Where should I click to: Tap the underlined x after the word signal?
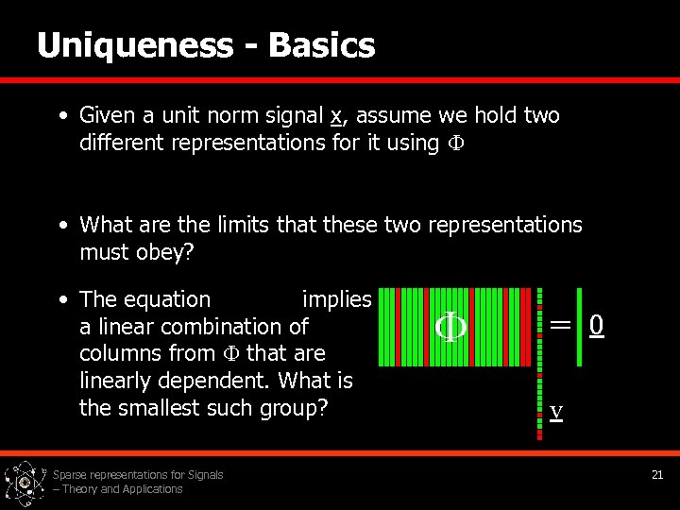[335, 116]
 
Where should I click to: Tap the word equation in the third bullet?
[172, 299]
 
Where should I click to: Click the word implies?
[336, 299]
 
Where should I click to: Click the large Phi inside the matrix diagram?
[449, 327]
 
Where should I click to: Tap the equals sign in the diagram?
[560, 324]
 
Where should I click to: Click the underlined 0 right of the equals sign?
[596, 325]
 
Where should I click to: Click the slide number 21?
[657, 475]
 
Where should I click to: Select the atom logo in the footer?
[23, 484]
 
